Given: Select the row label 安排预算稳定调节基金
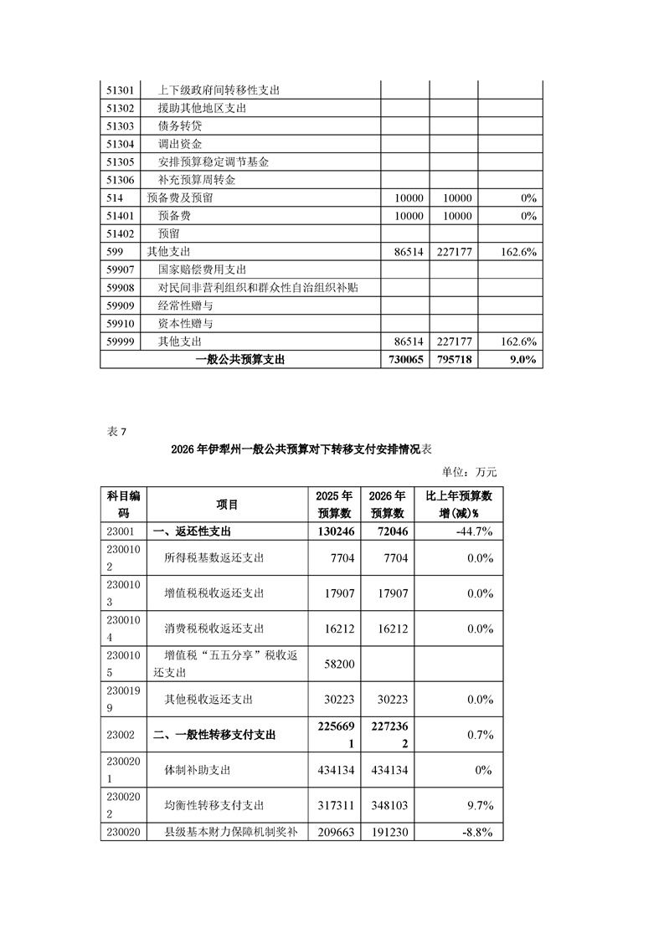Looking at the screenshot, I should tap(214, 162).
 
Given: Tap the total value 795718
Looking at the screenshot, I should tap(453, 360).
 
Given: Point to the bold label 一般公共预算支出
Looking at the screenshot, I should tap(239, 360).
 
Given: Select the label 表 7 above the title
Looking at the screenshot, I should tap(116, 432).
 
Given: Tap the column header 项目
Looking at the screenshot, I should tap(227, 505).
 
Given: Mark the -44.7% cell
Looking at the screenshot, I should tap(475, 531).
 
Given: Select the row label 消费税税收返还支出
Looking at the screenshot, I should tap(214, 629).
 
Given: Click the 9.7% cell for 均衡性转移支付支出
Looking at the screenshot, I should tap(480, 805).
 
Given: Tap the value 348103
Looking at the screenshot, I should tap(387, 805).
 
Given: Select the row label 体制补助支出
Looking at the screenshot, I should tap(202, 770).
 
